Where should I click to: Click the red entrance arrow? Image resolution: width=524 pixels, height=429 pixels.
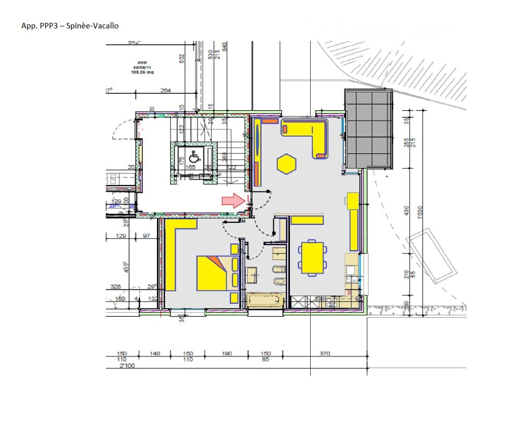pyautogui.click(x=233, y=201)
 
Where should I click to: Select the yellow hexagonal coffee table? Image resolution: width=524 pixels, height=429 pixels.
pyautogui.click(x=286, y=164)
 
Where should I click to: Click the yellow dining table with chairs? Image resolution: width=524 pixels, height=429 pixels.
pyautogui.click(x=312, y=257)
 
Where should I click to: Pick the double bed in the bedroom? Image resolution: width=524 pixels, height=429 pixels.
pyautogui.click(x=212, y=273)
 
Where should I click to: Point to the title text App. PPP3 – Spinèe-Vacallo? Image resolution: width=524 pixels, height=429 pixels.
pyautogui.click(x=70, y=25)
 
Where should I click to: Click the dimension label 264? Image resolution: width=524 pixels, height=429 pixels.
pyautogui.click(x=166, y=90)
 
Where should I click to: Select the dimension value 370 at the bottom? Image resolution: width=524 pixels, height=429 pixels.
pyautogui.click(x=324, y=353)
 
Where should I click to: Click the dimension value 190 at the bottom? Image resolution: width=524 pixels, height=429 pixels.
pyautogui.click(x=227, y=353)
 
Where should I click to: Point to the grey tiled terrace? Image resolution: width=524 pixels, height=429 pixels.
pyautogui.click(x=369, y=128)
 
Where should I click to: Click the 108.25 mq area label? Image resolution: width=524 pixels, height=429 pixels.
pyautogui.click(x=143, y=73)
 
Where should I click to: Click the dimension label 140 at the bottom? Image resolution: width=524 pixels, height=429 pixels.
pyautogui.click(x=155, y=353)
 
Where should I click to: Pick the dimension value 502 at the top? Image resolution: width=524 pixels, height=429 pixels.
pyautogui.click(x=182, y=58)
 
